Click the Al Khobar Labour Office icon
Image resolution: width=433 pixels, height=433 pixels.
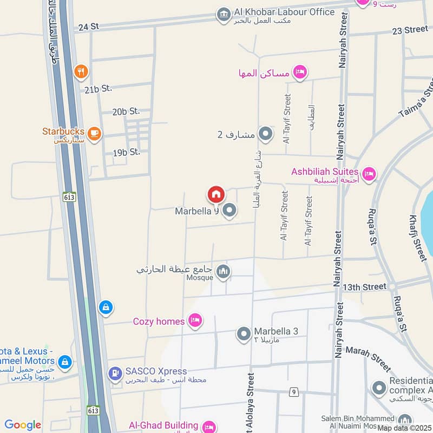pos(223,15)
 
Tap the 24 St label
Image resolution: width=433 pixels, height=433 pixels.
pos(88,27)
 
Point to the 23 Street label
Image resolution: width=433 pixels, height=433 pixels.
pos(410,30)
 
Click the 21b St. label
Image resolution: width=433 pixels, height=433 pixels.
pos(97,89)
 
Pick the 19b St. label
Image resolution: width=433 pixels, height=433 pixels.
pos(126,152)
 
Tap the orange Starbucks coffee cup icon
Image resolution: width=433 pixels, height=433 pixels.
pos(94,132)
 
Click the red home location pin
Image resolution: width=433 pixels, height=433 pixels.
pos(215,194)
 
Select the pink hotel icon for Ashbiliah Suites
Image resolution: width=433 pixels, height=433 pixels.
pos(370,173)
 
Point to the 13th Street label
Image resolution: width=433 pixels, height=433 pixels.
pos(359,286)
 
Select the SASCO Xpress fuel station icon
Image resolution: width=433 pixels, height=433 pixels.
pos(115,373)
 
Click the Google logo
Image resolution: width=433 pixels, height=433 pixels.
pos(23,425)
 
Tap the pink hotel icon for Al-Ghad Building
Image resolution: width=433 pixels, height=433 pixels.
pos(208,427)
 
